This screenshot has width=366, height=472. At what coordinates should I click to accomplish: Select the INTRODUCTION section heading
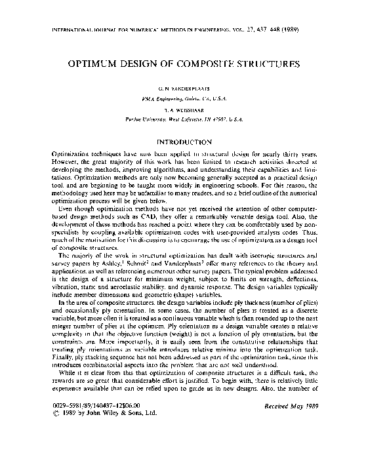[x=182, y=142]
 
